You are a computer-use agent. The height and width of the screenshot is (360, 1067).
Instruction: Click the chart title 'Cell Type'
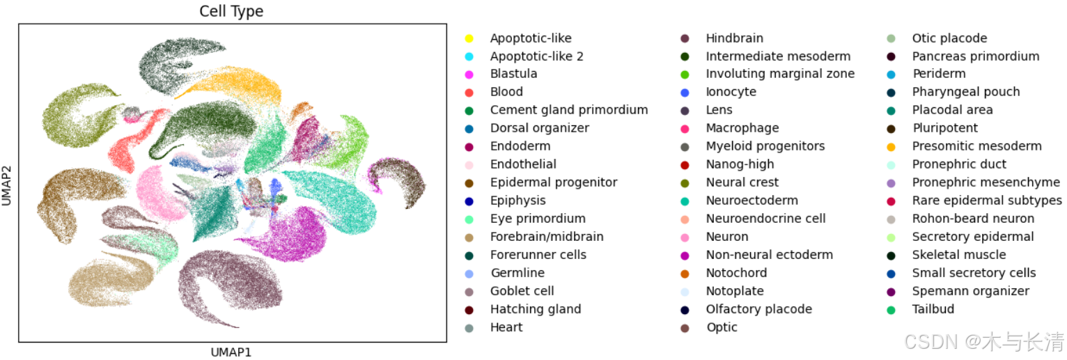231,11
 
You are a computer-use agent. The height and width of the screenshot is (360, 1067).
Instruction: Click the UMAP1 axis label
231,352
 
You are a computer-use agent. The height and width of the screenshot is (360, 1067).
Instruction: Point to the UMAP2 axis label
7,182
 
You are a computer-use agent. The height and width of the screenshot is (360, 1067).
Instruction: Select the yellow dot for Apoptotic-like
469,38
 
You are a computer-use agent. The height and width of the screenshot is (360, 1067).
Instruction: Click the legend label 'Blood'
506,92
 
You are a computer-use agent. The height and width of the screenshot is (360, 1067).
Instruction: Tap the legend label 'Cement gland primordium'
568,110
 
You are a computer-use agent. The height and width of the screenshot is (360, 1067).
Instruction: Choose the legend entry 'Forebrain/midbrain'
547,237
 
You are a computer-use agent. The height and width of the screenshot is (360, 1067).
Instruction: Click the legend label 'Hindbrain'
734,38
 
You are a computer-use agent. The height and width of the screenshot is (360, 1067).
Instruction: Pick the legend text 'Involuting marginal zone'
780,74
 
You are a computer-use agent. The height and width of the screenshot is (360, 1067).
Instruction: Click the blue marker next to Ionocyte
685,92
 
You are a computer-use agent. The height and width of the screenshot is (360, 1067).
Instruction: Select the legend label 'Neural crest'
742,182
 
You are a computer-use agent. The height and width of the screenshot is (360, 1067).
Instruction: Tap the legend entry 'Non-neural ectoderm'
769,255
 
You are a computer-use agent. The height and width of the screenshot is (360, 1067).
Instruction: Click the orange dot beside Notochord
685,273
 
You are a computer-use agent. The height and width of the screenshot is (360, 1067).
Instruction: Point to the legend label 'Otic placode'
949,38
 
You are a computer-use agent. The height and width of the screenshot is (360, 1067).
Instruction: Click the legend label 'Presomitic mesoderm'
976,146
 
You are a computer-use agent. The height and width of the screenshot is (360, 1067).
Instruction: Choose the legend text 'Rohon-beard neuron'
973,219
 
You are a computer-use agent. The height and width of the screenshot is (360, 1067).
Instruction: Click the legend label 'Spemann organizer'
970,291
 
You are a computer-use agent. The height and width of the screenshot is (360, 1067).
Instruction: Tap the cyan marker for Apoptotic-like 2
469,56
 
